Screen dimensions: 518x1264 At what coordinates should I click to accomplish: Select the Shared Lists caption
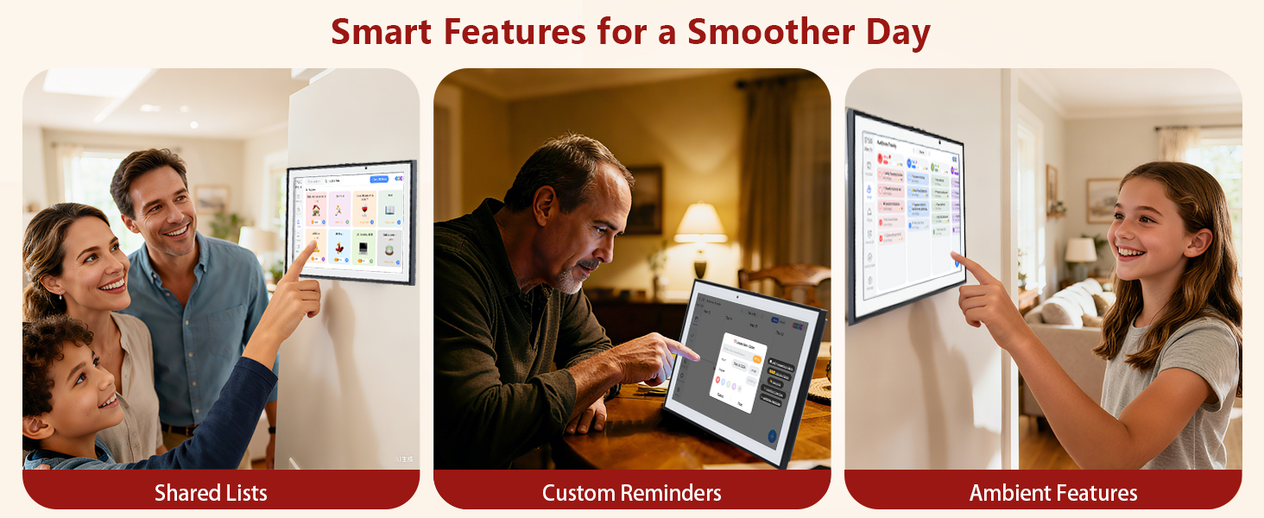(211, 493)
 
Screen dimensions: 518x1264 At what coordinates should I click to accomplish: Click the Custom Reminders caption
(631, 493)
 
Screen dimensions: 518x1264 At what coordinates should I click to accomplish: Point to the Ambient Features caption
(1052, 493)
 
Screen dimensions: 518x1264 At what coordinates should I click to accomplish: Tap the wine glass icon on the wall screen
(363, 210)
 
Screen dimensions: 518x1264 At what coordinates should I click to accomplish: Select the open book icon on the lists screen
(389, 210)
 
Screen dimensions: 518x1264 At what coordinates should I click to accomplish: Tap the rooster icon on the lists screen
(339, 248)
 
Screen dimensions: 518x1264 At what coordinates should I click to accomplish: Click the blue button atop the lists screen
(379, 180)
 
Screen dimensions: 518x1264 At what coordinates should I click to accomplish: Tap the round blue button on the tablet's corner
(771, 436)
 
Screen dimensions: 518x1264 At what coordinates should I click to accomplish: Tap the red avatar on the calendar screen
(880, 158)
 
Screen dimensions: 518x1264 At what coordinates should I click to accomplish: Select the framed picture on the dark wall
(644, 199)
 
